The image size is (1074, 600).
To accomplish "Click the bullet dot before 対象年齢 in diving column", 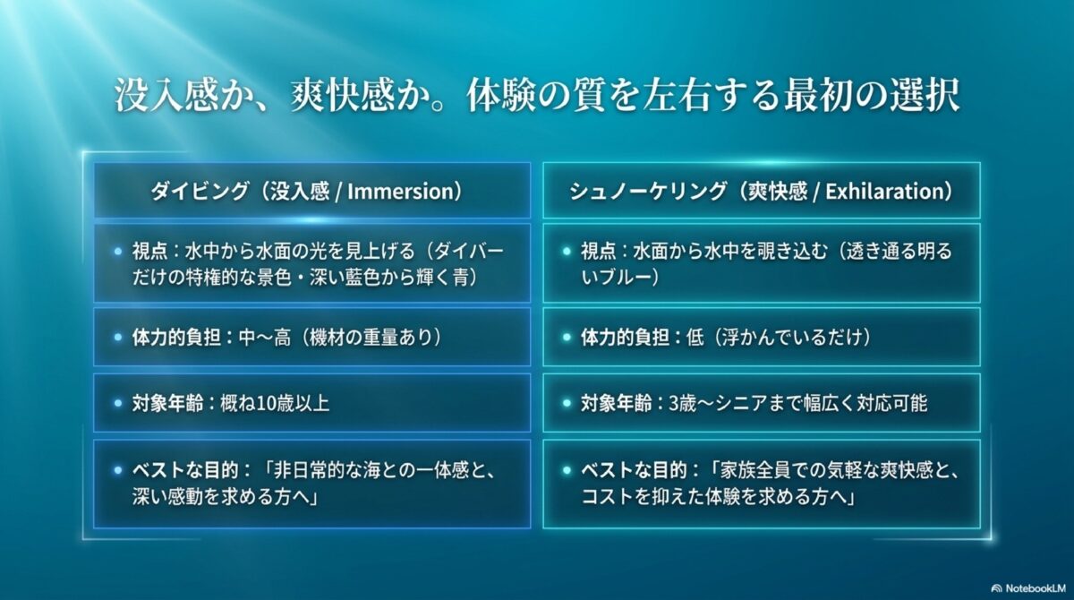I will point(117,404).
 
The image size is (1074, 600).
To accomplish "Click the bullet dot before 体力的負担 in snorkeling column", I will point(567,339).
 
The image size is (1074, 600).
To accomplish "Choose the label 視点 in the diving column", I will point(149,252).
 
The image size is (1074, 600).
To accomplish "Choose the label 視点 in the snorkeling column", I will point(598,252).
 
